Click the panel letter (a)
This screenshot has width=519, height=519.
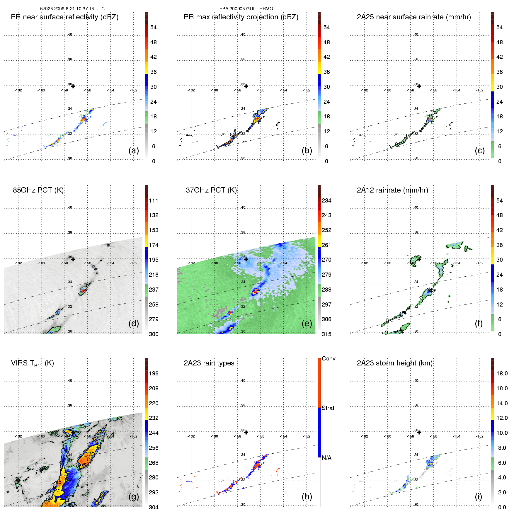[x=134, y=151]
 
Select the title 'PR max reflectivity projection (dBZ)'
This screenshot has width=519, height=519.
[x=241, y=17]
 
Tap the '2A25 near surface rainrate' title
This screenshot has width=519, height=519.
[x=414, y=17]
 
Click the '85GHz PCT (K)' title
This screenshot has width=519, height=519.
[x=38, y=190]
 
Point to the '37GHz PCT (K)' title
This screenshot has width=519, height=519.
[x=211, y=190]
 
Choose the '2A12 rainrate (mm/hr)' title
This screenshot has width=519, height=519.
[x=392, y=190]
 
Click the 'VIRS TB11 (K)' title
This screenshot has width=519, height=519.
[x=32, y=363]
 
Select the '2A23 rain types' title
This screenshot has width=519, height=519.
[x=209, y=363]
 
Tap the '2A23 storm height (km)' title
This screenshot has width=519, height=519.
[x=394, y=363]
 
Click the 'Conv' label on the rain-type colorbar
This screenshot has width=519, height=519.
[x=329, y=358]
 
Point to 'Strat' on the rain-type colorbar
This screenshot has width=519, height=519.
[x=328, y=408]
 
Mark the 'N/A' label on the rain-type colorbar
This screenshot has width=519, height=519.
[x=326, y=458]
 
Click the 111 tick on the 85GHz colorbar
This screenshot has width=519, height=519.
[x=154, y=200]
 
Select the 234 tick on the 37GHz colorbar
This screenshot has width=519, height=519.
[x=326, y=200]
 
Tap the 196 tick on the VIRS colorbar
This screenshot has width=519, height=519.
[x=154, y=373]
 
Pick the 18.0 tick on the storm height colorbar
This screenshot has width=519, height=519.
[x=502, y=373]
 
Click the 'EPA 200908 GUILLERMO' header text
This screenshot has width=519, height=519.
[x=246, y=9]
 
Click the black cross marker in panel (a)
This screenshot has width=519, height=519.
[x=73, y=86]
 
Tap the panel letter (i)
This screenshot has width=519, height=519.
[x=478, y=497]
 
